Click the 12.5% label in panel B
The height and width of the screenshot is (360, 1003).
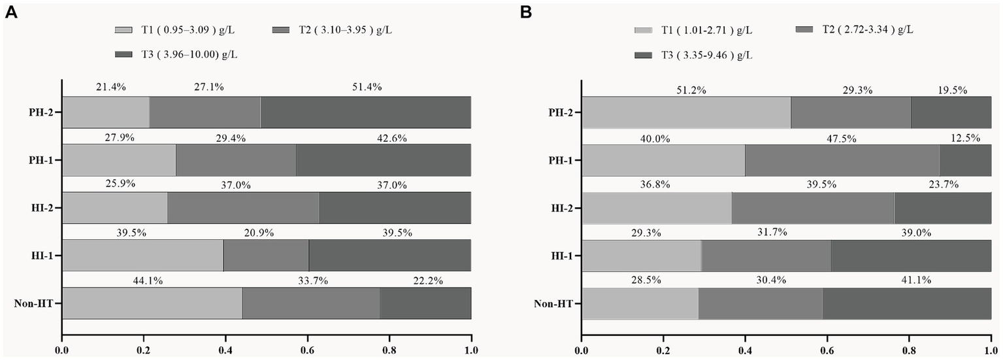click(x=950, y=138)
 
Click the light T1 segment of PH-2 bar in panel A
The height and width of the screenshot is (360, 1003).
click(x=105, y=112)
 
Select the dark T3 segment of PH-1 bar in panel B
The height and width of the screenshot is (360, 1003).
click(x=965, y=160)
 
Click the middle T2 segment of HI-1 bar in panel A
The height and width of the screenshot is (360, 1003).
click(x=266, y=255)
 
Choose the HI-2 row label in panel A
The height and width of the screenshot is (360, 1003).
click(x=42, y=208)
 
